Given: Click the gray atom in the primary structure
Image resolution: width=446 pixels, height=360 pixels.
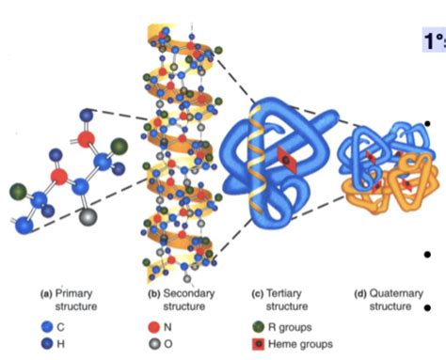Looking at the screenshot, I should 90,215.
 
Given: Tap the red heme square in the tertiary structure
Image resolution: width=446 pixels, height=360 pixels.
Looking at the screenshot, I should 279,161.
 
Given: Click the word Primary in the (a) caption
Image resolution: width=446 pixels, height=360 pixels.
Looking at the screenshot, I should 71,293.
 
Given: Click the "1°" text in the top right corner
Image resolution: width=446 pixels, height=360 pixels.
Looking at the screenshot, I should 434,42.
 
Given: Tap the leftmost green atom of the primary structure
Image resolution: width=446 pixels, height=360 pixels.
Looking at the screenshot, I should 18,191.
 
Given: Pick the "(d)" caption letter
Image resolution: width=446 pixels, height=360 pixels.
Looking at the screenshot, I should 358,293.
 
